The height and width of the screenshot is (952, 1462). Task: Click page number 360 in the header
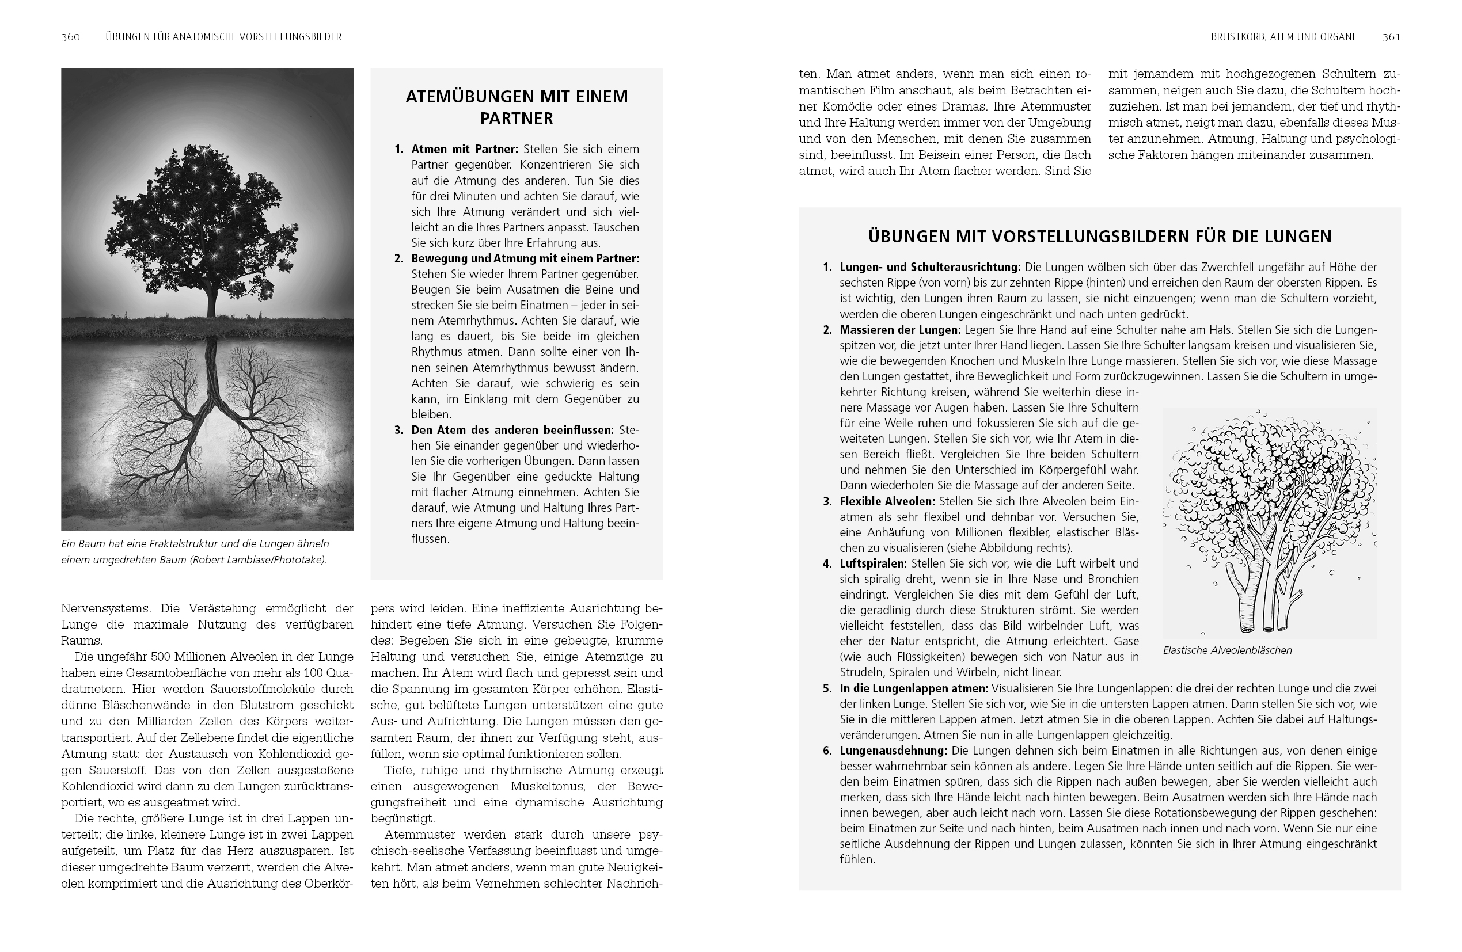71,37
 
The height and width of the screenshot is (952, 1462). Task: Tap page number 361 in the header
1391,37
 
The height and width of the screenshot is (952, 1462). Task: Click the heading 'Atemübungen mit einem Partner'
517,108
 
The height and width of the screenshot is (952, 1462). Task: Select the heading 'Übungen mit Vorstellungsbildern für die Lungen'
1100,237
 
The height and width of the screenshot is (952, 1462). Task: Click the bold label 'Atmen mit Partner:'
465,149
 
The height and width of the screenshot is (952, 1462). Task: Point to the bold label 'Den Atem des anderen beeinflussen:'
512,430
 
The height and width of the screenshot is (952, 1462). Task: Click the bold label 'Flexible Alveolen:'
887,501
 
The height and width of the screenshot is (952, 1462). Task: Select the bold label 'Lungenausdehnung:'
893,751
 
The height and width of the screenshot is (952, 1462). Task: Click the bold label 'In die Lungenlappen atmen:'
913,688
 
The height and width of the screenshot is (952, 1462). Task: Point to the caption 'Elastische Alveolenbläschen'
1227,650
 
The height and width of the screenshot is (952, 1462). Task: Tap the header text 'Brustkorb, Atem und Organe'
1284,37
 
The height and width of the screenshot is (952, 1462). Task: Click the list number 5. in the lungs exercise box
827,688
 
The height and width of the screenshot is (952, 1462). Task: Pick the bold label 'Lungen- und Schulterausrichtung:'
930,267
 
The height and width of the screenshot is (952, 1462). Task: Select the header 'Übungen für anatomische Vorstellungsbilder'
223,37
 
